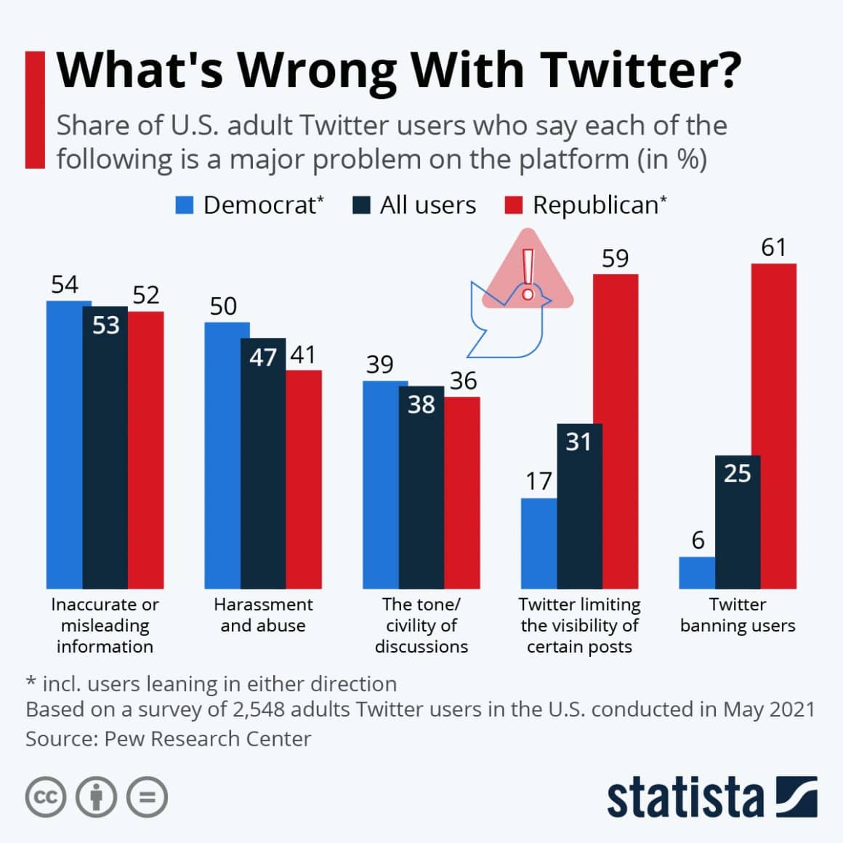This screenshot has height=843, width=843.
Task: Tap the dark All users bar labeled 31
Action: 579,509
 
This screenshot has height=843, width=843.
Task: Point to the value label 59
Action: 615,259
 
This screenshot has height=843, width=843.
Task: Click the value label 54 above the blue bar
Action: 65,284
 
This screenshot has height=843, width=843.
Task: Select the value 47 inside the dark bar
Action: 262,357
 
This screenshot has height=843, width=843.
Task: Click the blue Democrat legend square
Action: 185,206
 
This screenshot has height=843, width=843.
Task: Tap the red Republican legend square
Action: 513,206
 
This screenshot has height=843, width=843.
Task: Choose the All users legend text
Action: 427,206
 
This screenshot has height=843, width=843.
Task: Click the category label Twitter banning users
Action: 738,615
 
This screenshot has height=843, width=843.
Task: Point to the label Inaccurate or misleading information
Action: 105,625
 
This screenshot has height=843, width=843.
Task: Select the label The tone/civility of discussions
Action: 421,625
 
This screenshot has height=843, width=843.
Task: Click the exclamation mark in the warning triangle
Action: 528,273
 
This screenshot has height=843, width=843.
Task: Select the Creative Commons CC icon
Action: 45,797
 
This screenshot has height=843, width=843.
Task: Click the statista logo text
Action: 685,797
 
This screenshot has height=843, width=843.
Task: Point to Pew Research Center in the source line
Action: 207,738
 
